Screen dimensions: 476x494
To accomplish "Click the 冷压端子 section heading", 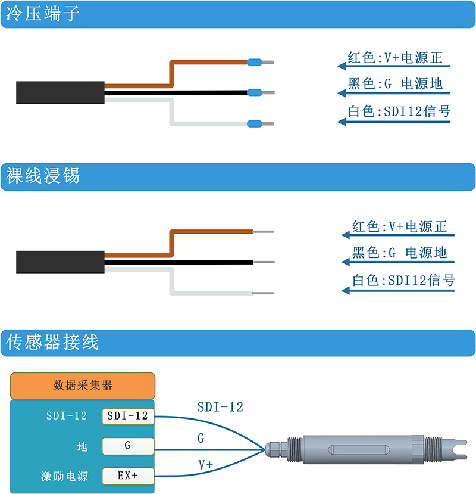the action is click(x=43, y=14).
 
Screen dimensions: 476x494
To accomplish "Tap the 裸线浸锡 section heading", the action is click(x=43, y=176).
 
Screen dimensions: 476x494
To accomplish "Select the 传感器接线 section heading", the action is click(x=52, y=342).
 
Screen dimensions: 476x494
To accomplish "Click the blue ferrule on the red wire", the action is click(x=255, y=62).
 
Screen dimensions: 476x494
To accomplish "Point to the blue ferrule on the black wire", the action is click(x=255, y=92).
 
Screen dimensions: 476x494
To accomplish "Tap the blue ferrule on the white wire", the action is click(x=255, y=123).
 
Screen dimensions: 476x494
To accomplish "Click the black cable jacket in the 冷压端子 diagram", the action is click(x=60, y=92).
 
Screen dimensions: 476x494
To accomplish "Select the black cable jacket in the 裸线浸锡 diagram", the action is click(x=60, y=262).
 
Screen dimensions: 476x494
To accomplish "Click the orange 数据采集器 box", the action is click(x=83, y=386).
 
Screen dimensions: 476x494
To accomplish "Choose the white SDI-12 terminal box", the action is click(x=128, y=416).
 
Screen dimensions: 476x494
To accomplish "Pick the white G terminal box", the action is click(x=128, y=446).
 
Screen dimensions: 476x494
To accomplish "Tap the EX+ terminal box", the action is click(x=128, y=476).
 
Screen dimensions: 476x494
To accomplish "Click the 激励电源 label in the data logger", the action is click(x=64, y=476).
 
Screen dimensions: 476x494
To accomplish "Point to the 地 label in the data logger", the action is click(x=82, y=446).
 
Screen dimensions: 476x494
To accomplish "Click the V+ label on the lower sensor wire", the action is click(x=206, y=465).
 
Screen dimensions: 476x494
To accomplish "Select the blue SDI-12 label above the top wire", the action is click(x=220, y=407).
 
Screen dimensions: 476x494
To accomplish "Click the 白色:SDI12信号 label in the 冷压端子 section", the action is click(x=399, y=111).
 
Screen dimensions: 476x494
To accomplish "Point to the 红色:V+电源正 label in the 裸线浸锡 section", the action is click(x=399, y=226).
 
